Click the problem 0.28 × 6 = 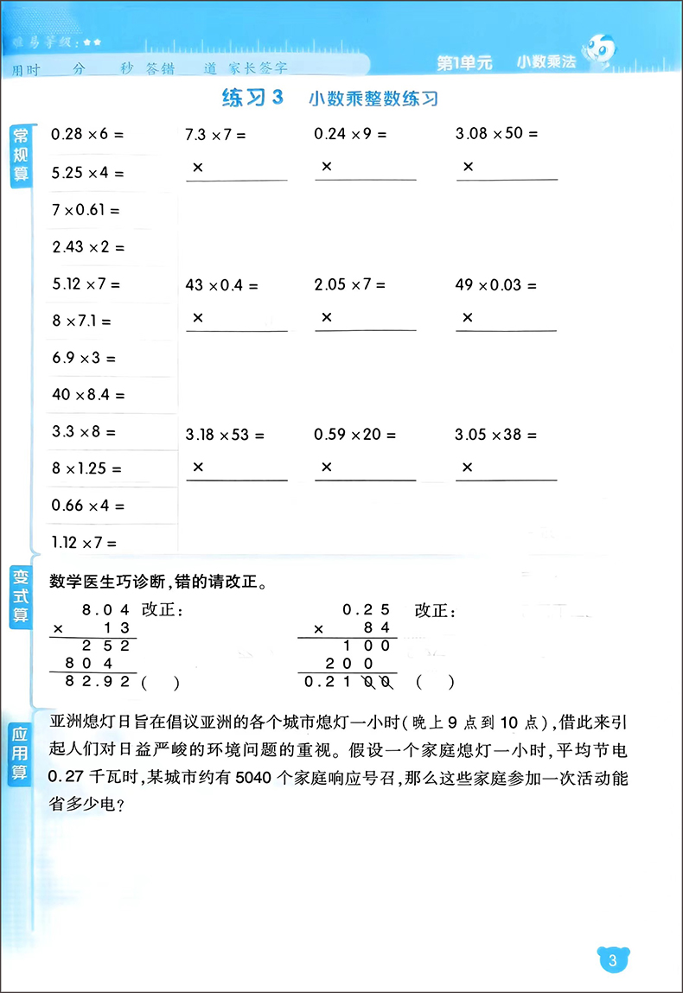point(88,134)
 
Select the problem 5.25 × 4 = point(88,173)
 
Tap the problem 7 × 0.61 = point(86,209)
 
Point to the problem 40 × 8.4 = point(88,395)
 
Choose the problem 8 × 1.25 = point(86,469)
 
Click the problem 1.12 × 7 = point(84,543)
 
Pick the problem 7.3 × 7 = point(216,135)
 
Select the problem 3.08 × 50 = point(496,134)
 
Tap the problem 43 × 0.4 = point(221,284)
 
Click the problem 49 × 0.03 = point(495,284)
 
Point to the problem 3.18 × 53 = point(225,435)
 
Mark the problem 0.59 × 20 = point(349,435)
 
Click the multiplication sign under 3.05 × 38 point(468,468)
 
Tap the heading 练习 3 point(252,98)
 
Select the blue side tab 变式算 point(19,595)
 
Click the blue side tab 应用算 point(19,754)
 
